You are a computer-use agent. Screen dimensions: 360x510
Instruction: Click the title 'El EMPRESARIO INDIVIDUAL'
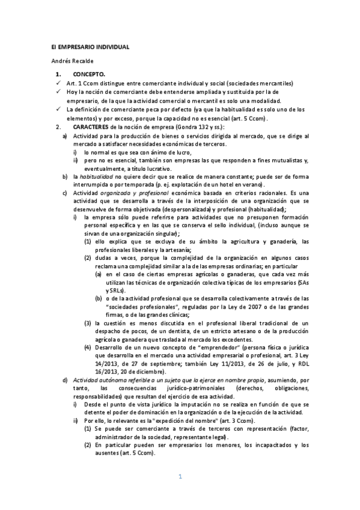click(89, 46)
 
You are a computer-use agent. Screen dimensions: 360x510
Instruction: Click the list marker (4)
click(88, 347)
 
